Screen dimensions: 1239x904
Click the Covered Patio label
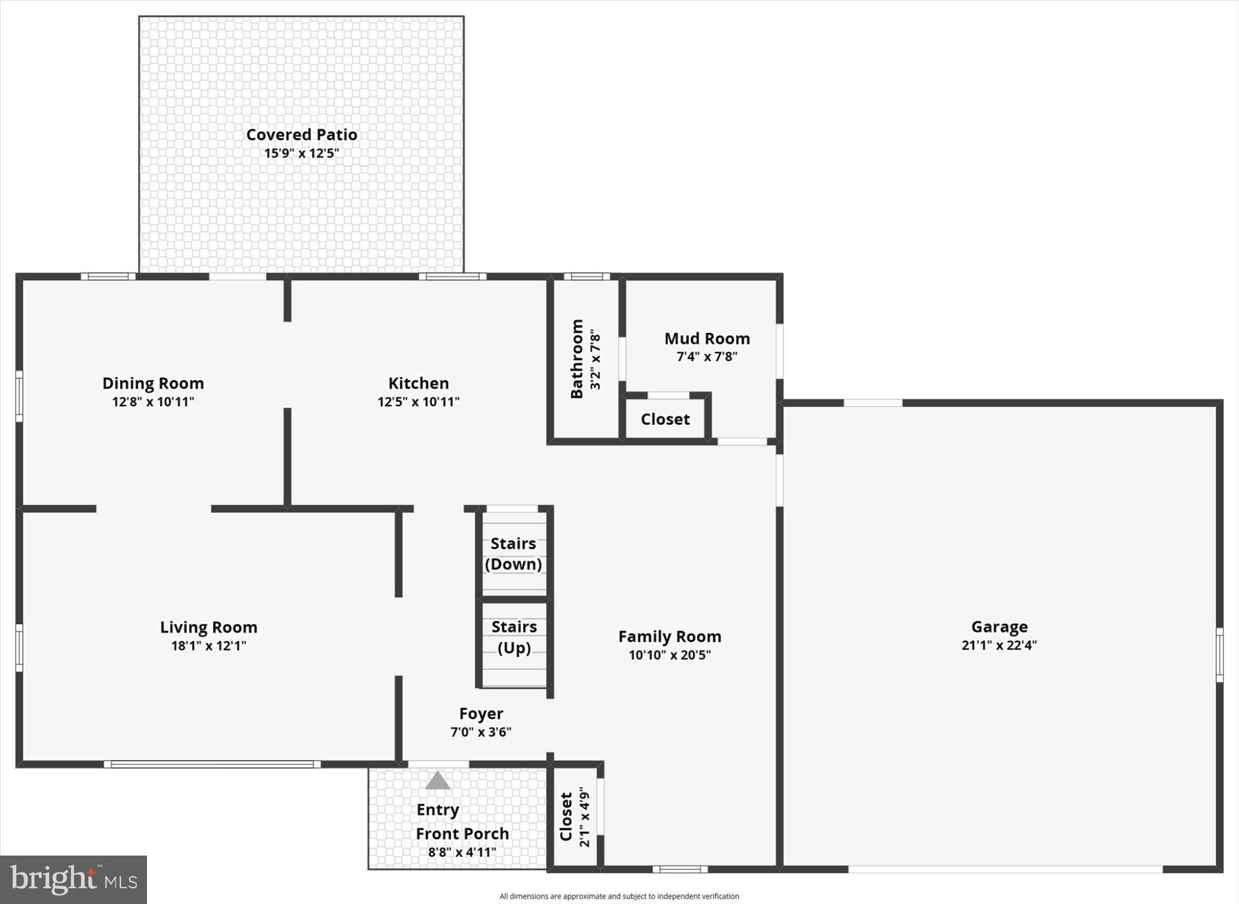click(301, 134)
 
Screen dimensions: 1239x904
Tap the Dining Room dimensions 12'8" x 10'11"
click(153, 402)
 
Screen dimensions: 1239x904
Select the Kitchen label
click(419, 383)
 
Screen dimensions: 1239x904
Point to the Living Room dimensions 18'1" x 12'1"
click(209, 646)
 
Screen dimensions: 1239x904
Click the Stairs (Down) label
click(514, 554)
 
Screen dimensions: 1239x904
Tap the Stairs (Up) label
click(514, 637)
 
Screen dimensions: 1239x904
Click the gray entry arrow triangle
click(437, 781)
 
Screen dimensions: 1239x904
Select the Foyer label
click(481, 714)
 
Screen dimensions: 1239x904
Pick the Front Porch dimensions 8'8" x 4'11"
click(462, 853)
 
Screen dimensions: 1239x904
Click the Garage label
click(999, 627)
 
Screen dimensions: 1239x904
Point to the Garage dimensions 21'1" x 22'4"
click(999, 645)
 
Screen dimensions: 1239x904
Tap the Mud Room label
click(707, 338)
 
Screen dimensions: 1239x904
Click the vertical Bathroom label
click(577, 359)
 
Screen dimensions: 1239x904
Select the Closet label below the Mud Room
click(665, 419)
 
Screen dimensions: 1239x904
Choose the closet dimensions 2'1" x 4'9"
click(584, 817)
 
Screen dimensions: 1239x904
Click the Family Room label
click(670, 637)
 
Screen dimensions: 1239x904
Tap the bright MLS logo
click(73, 879)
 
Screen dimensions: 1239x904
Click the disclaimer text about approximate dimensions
click(619, 896)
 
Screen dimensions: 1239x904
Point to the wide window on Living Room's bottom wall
click(212, 764)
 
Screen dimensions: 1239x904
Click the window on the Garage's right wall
click(1220, 655)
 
